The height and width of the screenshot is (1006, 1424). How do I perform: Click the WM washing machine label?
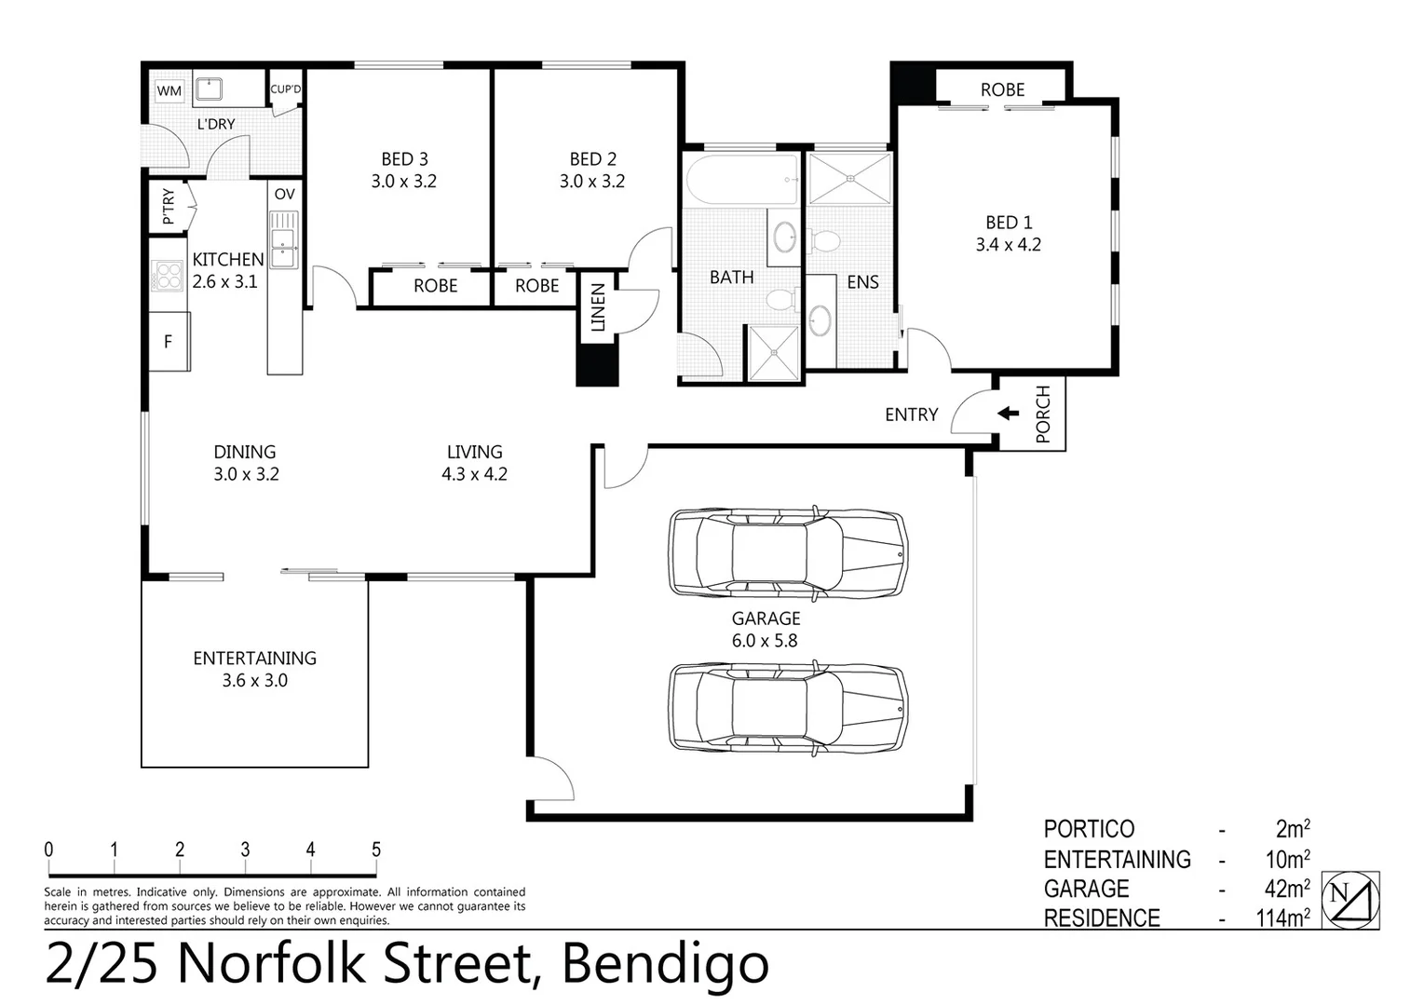[169, 91]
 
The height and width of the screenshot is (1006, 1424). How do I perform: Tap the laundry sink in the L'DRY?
[210, 89]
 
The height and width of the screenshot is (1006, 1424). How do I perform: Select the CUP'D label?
[285, 89]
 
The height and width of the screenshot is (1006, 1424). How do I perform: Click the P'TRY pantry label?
[169, 207]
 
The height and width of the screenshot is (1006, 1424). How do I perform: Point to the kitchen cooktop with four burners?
[169, 276]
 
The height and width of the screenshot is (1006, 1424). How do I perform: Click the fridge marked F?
[169, 342]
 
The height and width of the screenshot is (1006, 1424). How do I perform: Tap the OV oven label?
[285, 194]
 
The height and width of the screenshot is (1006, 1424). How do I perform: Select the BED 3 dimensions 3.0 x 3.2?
[403, 182]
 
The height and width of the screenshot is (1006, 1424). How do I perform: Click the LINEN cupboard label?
[598, 307]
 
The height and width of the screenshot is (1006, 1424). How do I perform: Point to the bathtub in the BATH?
[740, 180]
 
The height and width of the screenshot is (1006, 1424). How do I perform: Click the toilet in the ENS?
[823, 241]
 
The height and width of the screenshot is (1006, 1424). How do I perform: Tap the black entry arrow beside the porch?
[1008, 413]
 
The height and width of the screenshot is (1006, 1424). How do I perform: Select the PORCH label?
[1042, 414]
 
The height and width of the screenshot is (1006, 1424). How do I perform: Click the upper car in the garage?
[787, 553]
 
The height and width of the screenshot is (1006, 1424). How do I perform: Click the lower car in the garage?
[787, 708]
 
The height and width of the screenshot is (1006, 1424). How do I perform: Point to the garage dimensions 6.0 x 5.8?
[766, 641]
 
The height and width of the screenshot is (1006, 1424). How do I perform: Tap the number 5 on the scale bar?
[376, 850]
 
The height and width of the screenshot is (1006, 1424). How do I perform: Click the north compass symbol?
[1352, 900]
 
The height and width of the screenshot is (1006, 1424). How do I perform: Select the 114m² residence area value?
[1282, 918]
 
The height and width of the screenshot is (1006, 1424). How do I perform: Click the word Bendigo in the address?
[665, 965]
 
